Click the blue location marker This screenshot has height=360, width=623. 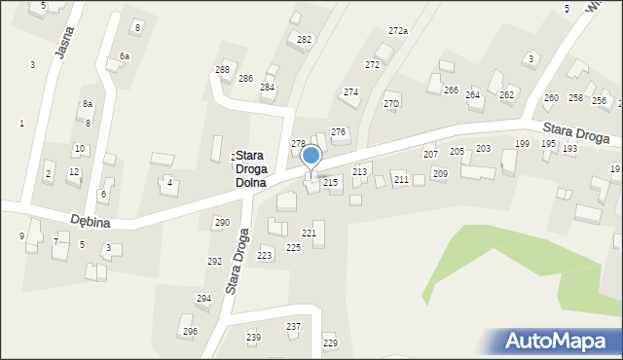(311, 156)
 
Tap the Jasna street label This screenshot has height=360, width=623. (65, 42)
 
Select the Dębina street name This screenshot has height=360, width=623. (90, 223)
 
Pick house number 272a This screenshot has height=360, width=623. (397, 31)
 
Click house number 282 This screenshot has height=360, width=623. (304, 40)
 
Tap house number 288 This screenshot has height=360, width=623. (222, 70)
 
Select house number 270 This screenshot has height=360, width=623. (391, 103)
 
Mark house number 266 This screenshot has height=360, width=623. (451, 90)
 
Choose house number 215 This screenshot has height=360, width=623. (330, 182)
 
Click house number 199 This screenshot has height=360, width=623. (522, 144)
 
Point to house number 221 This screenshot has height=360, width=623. (309, 234)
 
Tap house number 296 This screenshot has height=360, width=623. (190, 332)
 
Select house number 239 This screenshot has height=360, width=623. (253, 338)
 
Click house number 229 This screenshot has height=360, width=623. (330, 343)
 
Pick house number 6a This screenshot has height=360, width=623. (124, 56)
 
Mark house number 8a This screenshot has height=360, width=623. (87, 104)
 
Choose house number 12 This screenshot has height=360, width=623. (73, 172)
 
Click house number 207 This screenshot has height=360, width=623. (429, 155)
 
